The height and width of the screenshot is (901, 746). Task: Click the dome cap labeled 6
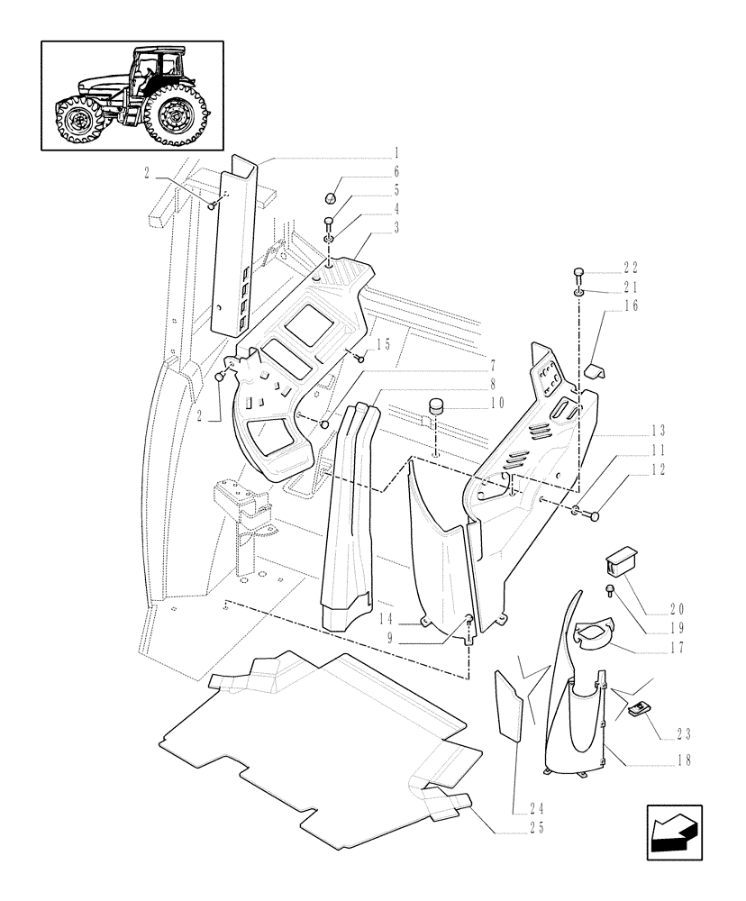pos(331,199)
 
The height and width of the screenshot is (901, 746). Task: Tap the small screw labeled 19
pos(610,591)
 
